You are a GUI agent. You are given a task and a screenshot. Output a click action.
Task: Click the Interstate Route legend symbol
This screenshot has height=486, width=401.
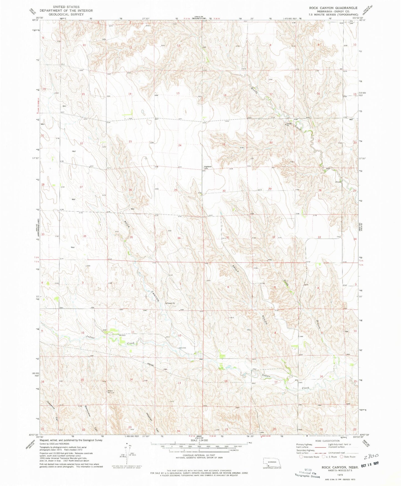click(x=301, y=457)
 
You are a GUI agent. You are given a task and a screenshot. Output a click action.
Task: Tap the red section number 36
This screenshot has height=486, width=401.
click(x=179, y=238)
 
